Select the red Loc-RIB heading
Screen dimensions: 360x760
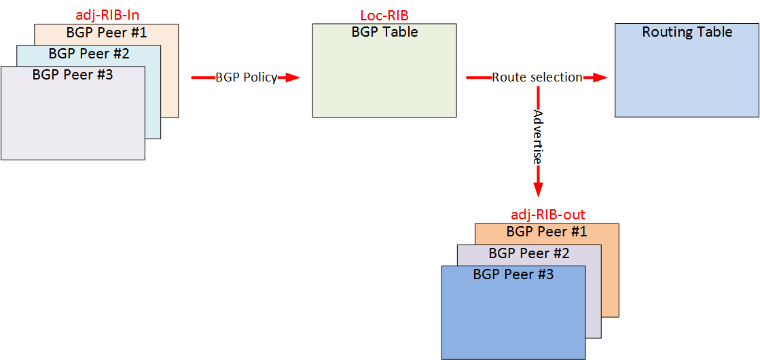[x=384, y=15]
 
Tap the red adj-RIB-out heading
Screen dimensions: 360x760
[x=547, y=215]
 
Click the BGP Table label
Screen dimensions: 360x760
[x=384, y=32]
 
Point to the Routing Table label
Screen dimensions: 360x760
[x=687, y=32]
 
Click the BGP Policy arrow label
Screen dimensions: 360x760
[x=246, y=77]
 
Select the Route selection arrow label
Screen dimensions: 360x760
[x=537, y=77]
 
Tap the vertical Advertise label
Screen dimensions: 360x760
[x=538, y=137]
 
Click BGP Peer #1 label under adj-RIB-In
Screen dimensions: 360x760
[x=107, y=32]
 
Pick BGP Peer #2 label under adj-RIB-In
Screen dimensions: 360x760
[x=89, y=54]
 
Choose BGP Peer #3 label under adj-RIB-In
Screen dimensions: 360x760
[x=72, y=75]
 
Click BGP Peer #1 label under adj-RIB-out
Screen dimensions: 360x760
[x=547, y=232]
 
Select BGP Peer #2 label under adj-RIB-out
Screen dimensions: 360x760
[x=529, y=253]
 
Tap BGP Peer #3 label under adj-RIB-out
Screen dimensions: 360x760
[x=513, y=274]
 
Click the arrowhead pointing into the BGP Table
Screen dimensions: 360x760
[x=291, y=77]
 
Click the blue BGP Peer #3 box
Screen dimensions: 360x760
[x=513, y=319]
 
